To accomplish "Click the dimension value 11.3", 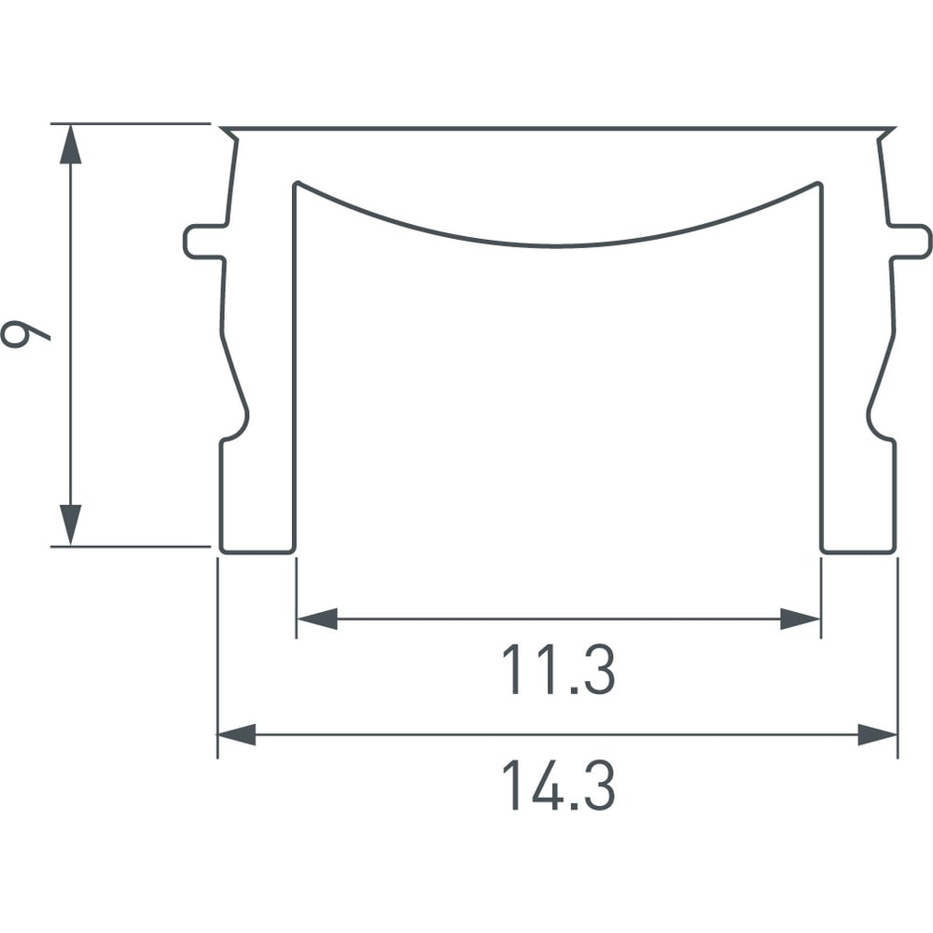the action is coord(558,670).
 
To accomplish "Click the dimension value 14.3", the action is coord(558,786).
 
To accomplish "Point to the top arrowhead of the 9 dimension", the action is coord(70,144).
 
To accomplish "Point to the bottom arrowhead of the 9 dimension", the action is coord(70,524).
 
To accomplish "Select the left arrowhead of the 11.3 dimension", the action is coord(317,619).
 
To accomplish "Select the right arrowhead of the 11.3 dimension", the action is coord(801,619).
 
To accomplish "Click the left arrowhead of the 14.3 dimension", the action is coord(237,735).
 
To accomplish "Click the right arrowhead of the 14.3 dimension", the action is coord(878,735).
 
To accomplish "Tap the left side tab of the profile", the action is coord(204,243).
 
